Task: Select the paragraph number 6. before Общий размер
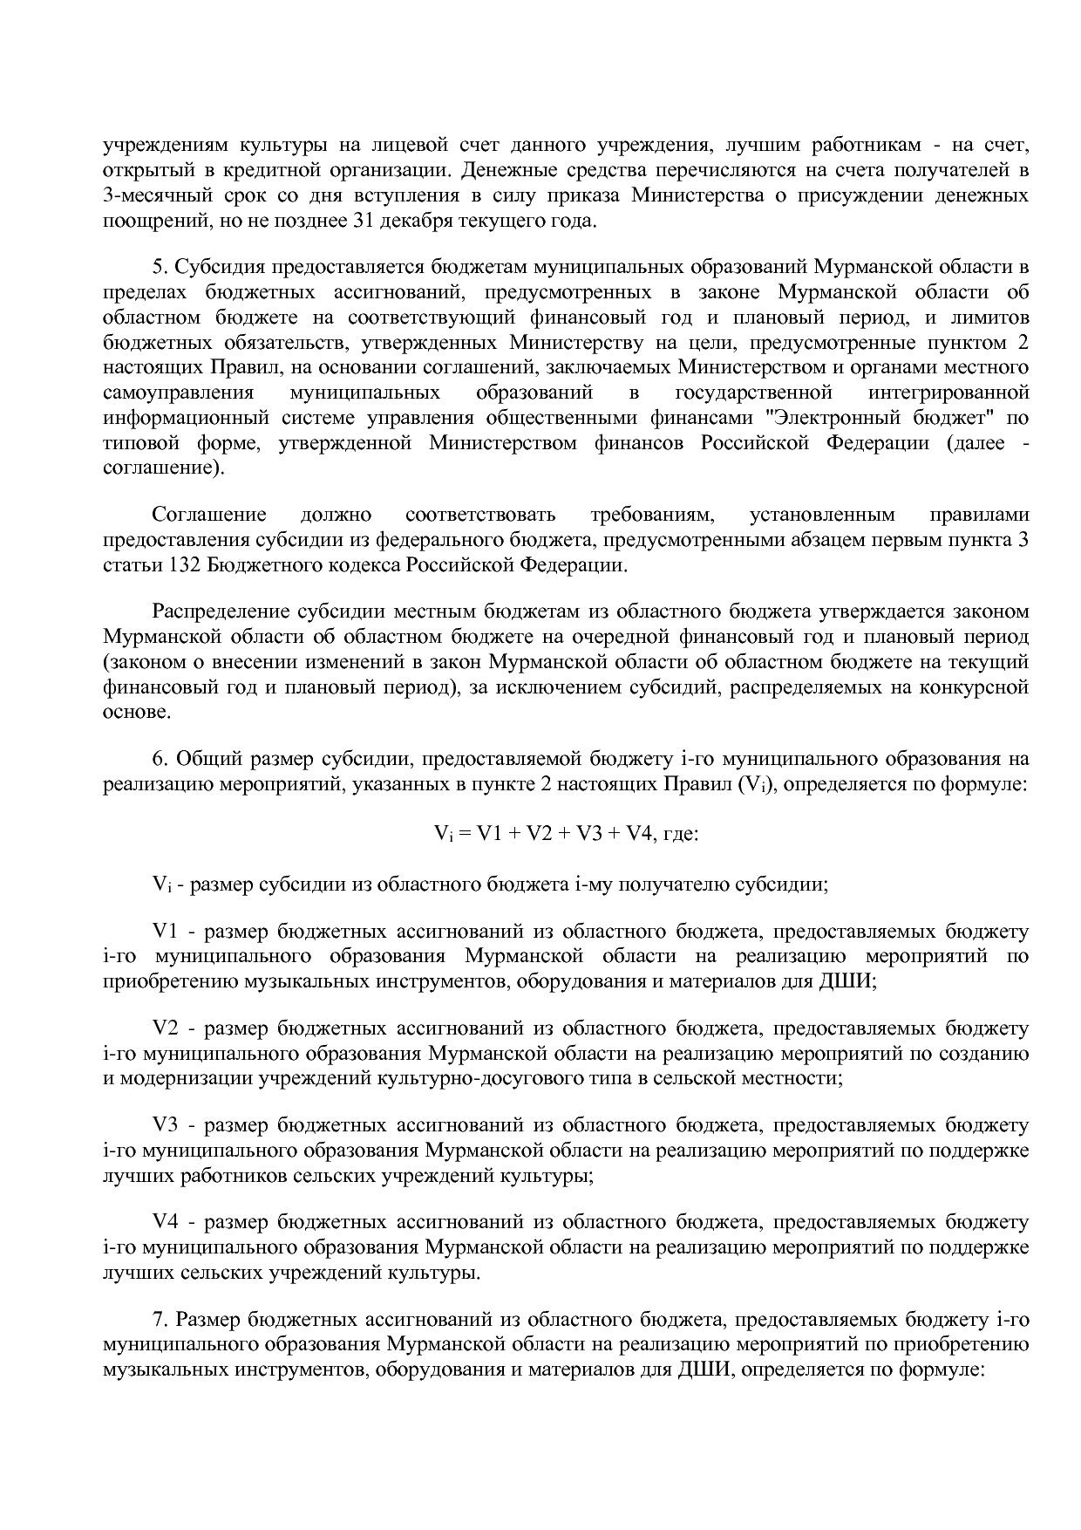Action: tap(159, 758)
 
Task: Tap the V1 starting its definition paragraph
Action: tap(166, 932)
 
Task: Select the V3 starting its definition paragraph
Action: tap(166, 1126)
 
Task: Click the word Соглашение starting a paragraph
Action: tap(209, 515)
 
